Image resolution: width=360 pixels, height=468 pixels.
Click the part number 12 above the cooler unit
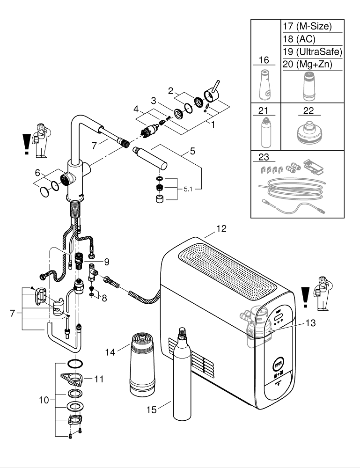pyautogui.click(x=221, y=229)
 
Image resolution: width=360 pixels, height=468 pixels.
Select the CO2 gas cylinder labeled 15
pyautogui.click(x=181, y=374)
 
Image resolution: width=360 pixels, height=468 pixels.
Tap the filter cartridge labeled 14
pyautogui.click(x=142, y=363)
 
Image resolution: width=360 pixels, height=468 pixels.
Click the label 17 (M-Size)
pyautogui.click(x=307, y=27)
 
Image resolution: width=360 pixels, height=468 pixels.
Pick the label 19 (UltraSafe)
pyautogui.click(x=312, y=52)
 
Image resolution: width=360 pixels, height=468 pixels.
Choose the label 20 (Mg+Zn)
pyautogui.click(x=307, y=65)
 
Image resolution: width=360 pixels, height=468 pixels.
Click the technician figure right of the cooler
pyautogui.click(x=322, y=293)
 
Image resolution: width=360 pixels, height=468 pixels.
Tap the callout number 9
pyautogui.click(x=106, y=261)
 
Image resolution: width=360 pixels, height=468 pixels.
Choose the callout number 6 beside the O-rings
pyautogui.click(x=38, y=172)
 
